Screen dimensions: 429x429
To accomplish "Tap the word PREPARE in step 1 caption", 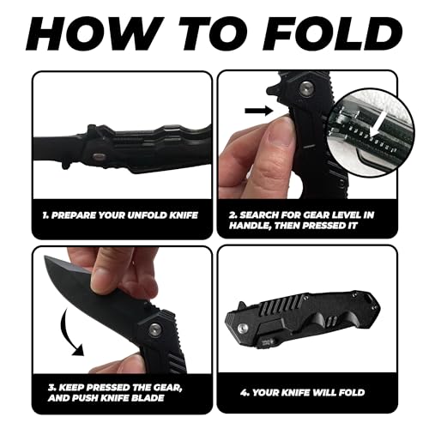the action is [x=74, y=215].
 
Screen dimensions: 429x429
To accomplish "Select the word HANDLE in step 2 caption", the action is [x=250, y=226].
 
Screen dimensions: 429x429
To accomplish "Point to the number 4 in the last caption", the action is [x=244, y=392].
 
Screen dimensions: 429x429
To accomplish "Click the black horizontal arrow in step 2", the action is [x=259, y=111].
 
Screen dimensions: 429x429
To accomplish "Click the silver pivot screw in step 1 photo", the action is [x=98, y=156].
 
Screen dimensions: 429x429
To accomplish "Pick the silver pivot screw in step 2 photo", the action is [x=305, y=88].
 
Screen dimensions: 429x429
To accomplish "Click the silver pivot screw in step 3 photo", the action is [x=154, y=329].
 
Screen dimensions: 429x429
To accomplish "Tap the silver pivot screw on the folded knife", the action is [x=243, y=329].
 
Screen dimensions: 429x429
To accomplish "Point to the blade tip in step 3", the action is [x=45, y=257].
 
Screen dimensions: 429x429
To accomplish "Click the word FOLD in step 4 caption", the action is [x=352, y=392].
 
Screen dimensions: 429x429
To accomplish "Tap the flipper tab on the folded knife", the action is [x=242, y=305].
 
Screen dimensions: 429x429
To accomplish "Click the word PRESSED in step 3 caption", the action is [x=107, y=388].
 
